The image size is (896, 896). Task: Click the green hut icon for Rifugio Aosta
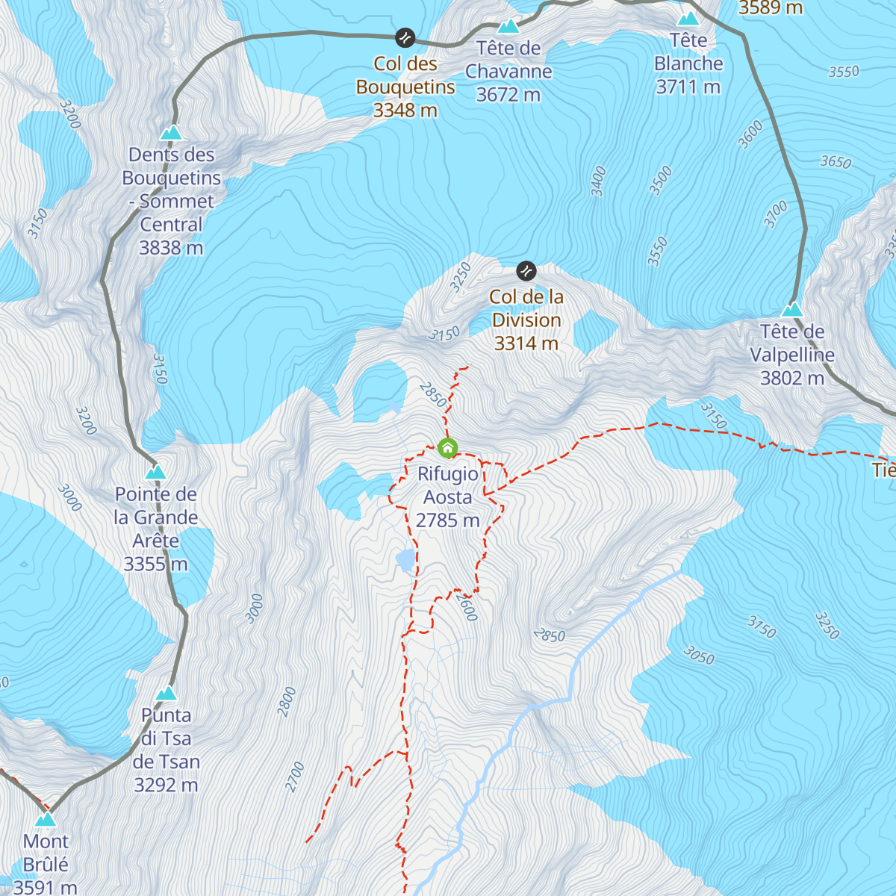[x=447, y=448]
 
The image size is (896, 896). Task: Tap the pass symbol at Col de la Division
[x=526, y=270]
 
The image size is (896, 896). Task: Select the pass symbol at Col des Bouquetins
[x=405, y=37]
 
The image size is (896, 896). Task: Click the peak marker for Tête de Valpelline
[x=791, y=309]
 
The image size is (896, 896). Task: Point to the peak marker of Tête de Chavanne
[x=508, y=27]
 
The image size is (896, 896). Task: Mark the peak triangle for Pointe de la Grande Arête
[x=155, y=472]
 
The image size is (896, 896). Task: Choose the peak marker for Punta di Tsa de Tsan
[x=166, y=694]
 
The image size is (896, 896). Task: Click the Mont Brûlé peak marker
[x=46, y=819]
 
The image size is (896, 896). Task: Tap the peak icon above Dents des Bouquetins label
[x=172, y=133]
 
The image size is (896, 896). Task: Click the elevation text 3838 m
[x=171, y=248]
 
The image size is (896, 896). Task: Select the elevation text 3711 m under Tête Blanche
[x=688, y=87]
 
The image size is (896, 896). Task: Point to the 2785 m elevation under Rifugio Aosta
[x=447, y=520]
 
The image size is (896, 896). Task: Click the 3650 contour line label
[x=836, y=161]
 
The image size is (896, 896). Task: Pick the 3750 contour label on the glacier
[x=762, y=627]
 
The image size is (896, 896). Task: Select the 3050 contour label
[x=699, y=656]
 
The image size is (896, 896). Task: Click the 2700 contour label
[x=295, y=777]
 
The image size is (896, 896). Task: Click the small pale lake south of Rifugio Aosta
[x=404, y=559]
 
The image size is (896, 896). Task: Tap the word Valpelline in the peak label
[x=791, y=355]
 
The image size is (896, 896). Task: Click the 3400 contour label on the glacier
[x=598, y=181]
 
